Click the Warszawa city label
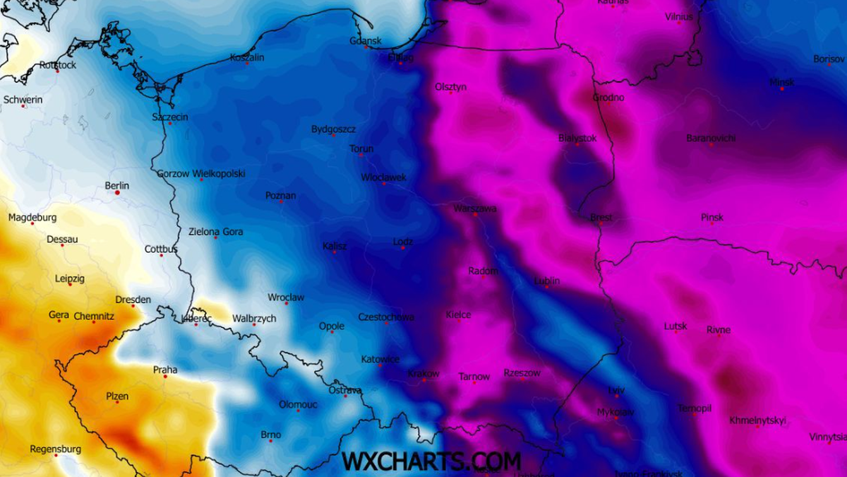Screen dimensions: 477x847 point(475,208)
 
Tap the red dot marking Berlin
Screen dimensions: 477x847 point(117,192)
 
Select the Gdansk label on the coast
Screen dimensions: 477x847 point(366,41)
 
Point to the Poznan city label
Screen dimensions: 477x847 point(280,196)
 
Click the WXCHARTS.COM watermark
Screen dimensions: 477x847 point(431,461)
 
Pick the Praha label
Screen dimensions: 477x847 point(165,370)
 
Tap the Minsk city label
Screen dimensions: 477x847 point(781,83)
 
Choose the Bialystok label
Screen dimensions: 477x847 point(577,139)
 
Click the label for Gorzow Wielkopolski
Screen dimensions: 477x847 point(201,173)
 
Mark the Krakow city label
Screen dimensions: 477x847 point(423,374)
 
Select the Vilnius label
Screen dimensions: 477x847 point(679,17)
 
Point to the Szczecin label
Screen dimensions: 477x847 point(170,117)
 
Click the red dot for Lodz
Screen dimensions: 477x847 point(403,247)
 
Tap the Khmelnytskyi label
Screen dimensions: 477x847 point(757,420)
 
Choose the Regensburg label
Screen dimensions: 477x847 point(55,449)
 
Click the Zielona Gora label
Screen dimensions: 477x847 point(215,232)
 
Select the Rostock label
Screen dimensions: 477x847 point(58,65)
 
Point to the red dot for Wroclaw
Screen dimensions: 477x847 point(286,303)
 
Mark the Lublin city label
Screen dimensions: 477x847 point(547,281)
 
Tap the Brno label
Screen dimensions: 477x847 point(270,435)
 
